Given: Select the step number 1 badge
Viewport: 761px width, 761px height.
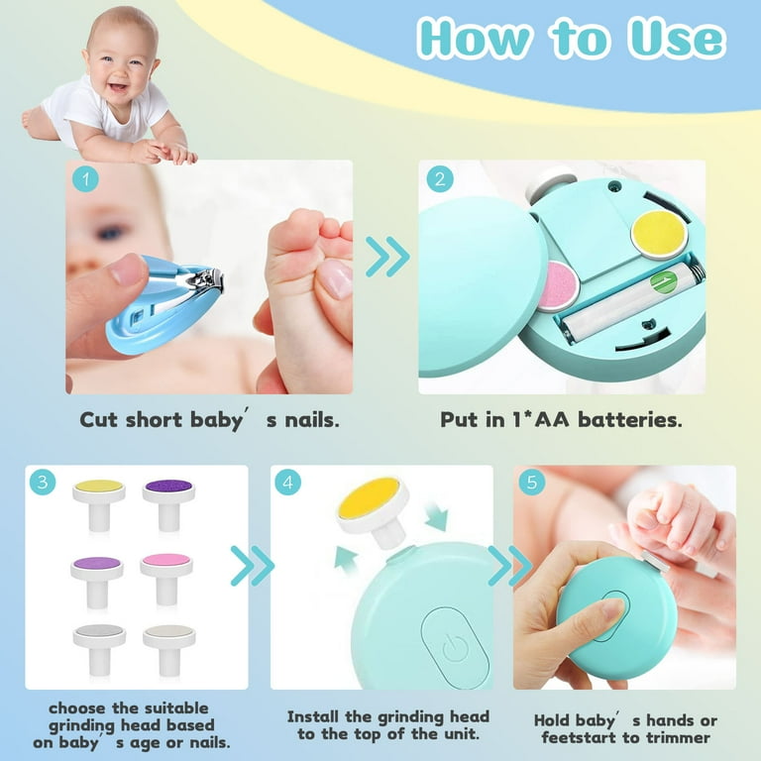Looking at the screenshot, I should (86, 180).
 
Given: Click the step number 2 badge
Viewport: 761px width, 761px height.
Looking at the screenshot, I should (440, 180).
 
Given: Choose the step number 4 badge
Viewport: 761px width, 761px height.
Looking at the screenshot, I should (288, 485).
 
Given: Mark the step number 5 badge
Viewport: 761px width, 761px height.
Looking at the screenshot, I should (532, 484).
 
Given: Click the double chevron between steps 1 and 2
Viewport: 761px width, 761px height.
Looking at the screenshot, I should (387, 257).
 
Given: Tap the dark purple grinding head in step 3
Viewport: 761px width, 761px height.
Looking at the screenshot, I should (168, 489).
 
